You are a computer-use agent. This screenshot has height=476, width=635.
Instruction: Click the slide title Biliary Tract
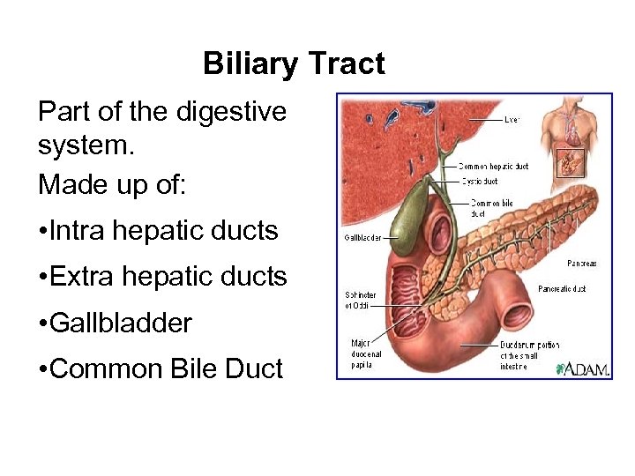pos(294,64)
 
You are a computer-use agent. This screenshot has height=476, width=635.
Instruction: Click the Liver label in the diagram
pos(511,119)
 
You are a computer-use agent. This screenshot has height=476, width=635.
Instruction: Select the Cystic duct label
pos(480,181)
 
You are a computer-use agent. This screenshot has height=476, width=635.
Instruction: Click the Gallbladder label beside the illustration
pos(362,238)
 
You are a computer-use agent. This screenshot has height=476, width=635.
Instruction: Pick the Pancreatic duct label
pos(562,288)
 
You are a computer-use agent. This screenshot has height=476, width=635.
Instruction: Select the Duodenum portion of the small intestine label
pos(529,355)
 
